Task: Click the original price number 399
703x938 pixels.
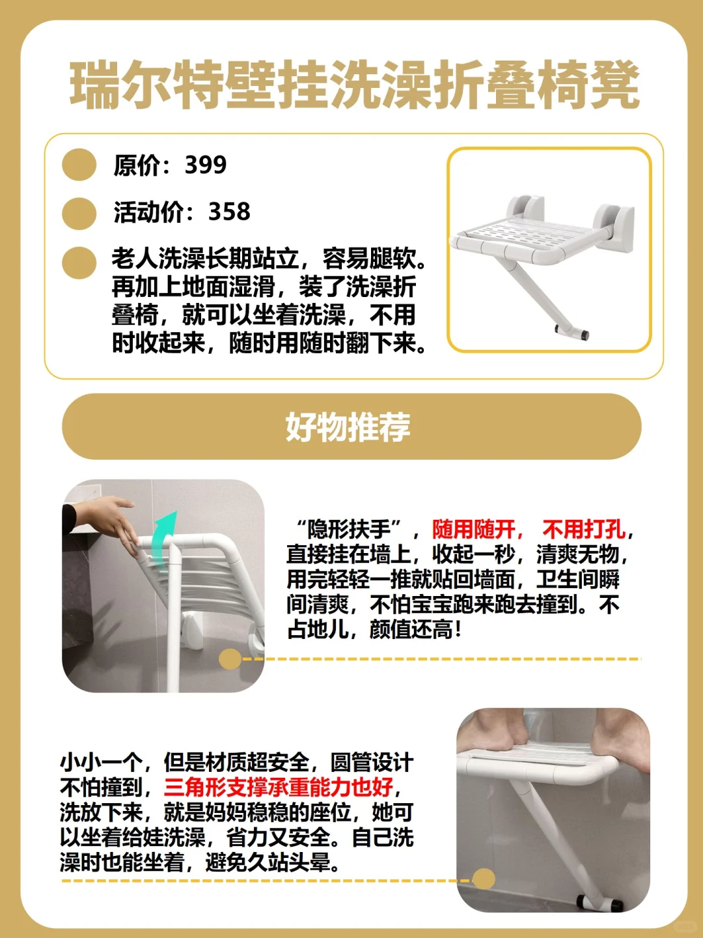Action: tap(206, 165)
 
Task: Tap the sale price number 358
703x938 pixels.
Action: tap(229, 212)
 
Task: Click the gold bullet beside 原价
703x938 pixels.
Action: tap(79, 165)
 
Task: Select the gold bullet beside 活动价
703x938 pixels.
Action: tap(79, 213)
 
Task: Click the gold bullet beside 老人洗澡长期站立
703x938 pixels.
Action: tap(79, 262)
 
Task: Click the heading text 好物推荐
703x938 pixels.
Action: tap(349, 427)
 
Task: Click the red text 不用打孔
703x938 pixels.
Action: tap(584, 530)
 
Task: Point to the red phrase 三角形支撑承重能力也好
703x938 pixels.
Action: tap(279, 788)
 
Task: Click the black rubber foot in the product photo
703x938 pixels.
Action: tap(584, 335)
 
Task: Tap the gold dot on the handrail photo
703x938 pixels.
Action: tap(230, 659)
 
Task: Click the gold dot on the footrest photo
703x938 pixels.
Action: tap(483, 879)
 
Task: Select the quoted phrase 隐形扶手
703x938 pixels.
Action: tap(349, 530)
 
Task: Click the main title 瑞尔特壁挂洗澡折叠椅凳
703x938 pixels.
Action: tap(354, 85)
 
